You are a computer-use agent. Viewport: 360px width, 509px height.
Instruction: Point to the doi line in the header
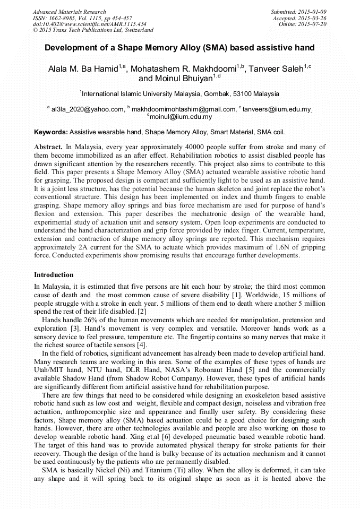[x=90, y=24]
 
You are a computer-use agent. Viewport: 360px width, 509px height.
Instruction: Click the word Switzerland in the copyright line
[x=136, y=30]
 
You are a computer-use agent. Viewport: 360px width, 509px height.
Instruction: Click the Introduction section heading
[x=54, y=275]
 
